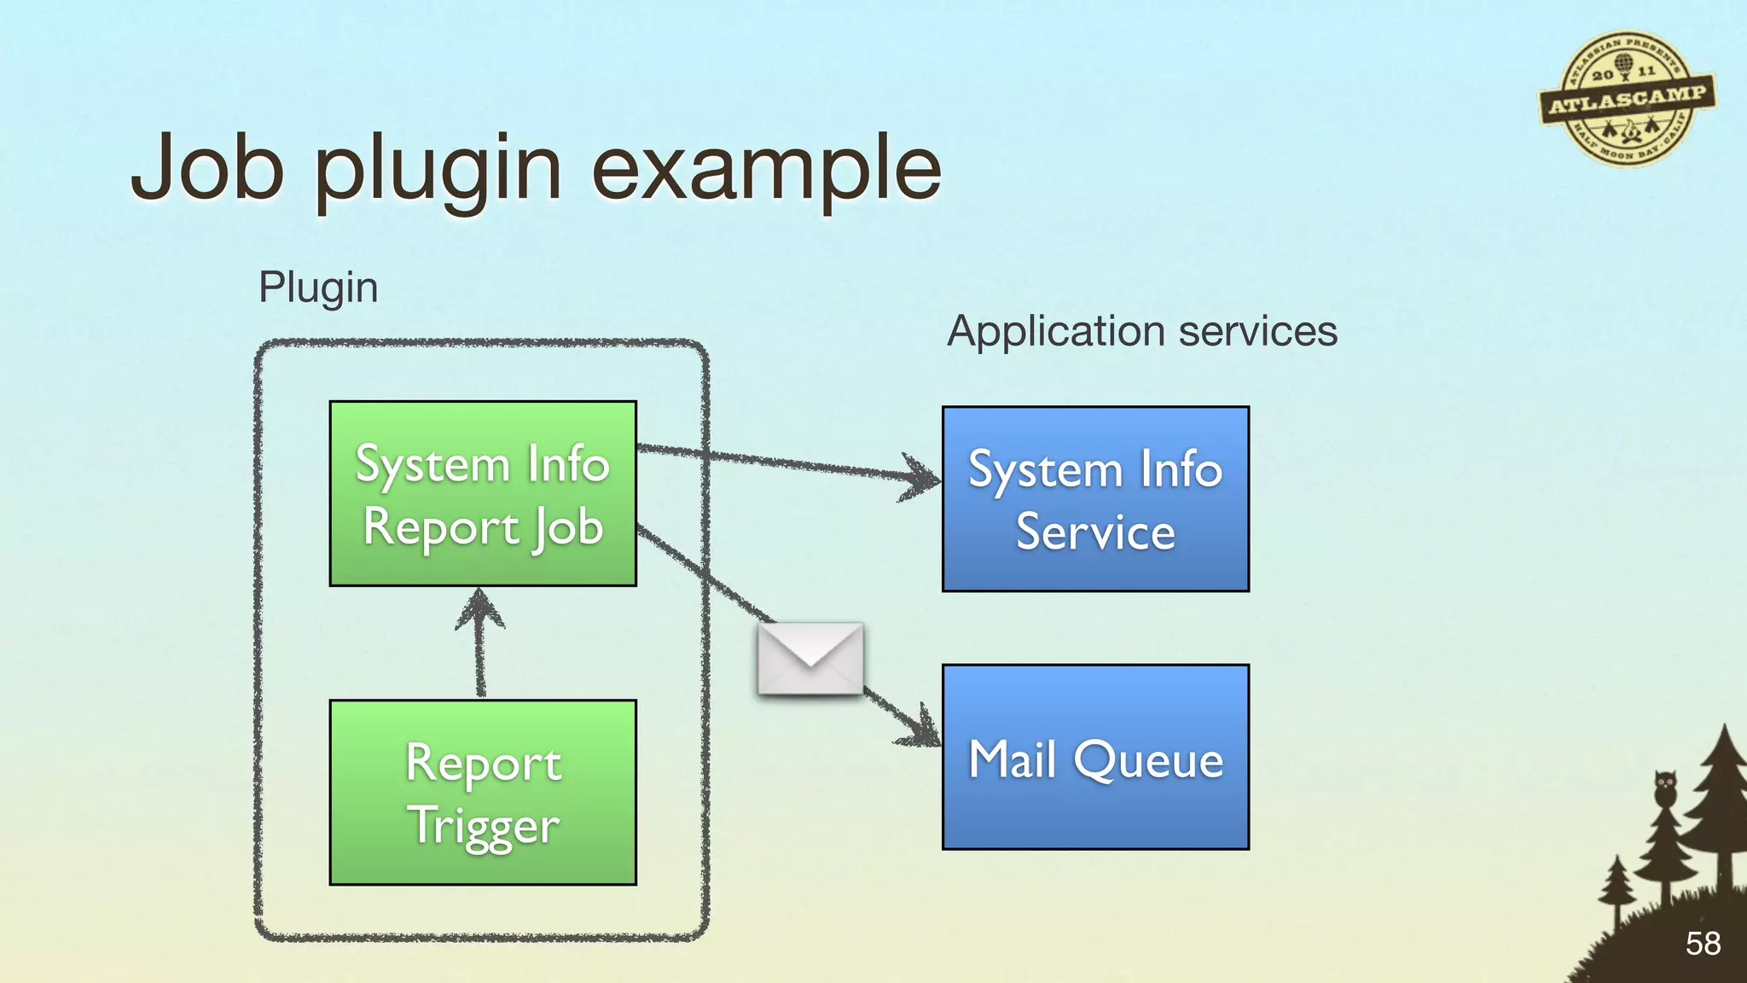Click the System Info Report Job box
tap(483, 494)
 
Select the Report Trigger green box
tap(483, 792)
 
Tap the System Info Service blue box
tap(1095, 499)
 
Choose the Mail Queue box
tap(1095, 757)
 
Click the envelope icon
tap(810, 658)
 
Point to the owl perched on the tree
tap(1664, 788)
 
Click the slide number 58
tap(1703, 944)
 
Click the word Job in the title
tap(207, 168)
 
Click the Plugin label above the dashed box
tap(318, 288)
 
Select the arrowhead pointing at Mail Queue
tap(924, 730)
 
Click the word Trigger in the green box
tap(483, 826)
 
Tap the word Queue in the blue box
tap(1148, 759)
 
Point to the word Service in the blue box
tap(1095, 532)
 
